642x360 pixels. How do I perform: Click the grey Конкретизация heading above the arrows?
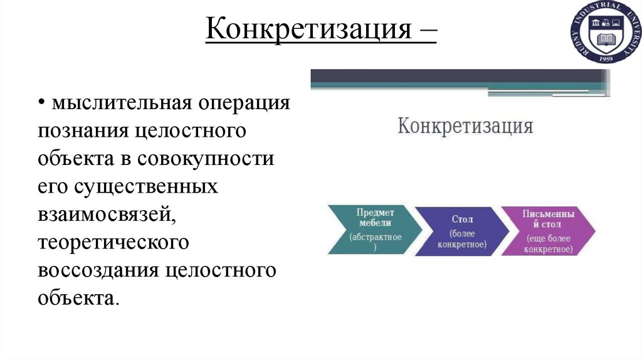(x=465, y=126)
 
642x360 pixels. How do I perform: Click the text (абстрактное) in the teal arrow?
(x=376, y=241)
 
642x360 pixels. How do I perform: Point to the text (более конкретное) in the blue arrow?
(x=462, y=239)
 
